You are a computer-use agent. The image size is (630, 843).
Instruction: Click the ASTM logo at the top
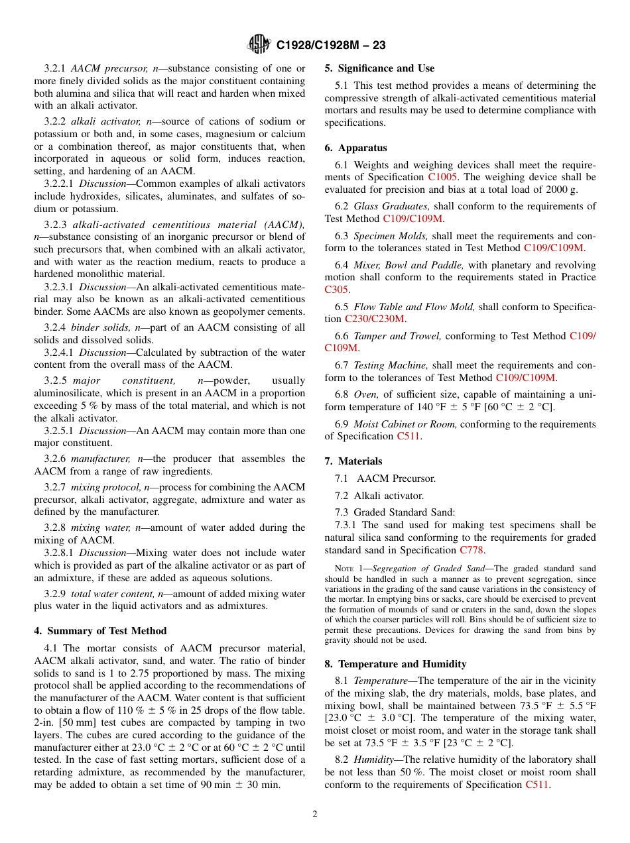point(259,44)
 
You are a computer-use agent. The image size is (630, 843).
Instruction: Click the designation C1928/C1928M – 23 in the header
point(330,45)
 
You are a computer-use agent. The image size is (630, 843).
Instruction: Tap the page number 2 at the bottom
point(315,815)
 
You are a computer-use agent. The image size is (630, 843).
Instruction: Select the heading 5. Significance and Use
point(379,68)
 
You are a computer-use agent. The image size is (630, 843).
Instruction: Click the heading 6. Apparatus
point(355,148)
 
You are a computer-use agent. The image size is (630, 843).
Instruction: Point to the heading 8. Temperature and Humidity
point(395,664)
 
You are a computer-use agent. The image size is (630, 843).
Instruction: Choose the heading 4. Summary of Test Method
point(100,631)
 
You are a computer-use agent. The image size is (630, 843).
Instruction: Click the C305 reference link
point(337,290)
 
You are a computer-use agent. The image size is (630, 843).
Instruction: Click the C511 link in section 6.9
point(408,436)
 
